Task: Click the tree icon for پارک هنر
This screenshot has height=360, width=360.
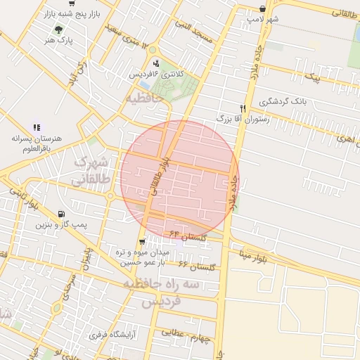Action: [58, 30]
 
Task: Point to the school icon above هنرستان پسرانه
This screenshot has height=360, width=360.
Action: [36, 127]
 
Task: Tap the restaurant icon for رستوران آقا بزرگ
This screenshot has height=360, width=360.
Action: [243, 108]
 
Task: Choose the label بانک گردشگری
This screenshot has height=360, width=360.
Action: [283, 102]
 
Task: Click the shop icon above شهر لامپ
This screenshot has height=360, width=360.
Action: [262, 8]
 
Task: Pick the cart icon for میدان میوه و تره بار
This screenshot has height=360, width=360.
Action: [143, 243]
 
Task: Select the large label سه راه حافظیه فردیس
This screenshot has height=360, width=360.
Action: [162, 292]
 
